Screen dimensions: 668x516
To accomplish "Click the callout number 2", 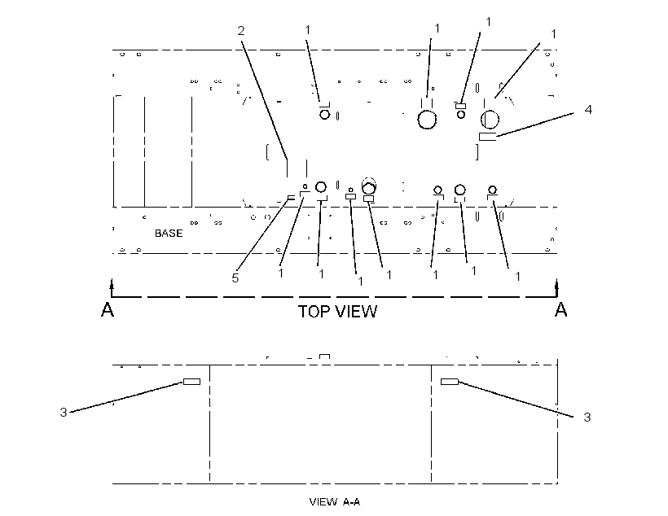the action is [x=241, y=31].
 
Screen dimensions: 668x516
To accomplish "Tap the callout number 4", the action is [x=588, y=109].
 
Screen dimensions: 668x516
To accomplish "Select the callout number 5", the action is [x=235, y=278].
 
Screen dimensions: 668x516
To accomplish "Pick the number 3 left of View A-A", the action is [x=64, y=412].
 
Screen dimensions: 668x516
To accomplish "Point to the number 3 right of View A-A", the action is [x=587, y=418].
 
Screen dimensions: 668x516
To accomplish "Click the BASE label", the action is [x=169, y=234].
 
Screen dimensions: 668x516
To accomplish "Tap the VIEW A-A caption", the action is [x=335, y=502].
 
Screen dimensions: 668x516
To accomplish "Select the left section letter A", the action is [x=108, y=309].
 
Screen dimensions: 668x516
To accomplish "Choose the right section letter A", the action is [x=561, y=309].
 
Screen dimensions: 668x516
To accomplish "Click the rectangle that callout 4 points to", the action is [x=488, y=137].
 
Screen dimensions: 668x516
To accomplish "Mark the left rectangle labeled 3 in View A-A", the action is [x=191, y=382].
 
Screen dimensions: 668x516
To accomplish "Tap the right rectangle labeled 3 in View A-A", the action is [x=450, y=382].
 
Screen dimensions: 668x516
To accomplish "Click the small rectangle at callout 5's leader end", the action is [x=292, y=198].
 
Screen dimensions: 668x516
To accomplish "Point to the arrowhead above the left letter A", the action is [x=112, y=283].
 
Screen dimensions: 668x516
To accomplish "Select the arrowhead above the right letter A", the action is [x=557, y=283].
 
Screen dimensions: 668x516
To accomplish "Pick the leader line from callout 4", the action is [x=534, y=125].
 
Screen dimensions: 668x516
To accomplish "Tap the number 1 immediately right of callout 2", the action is [x=308, y=30].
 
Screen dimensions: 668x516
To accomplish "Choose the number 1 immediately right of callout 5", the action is [x=281, y=273].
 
